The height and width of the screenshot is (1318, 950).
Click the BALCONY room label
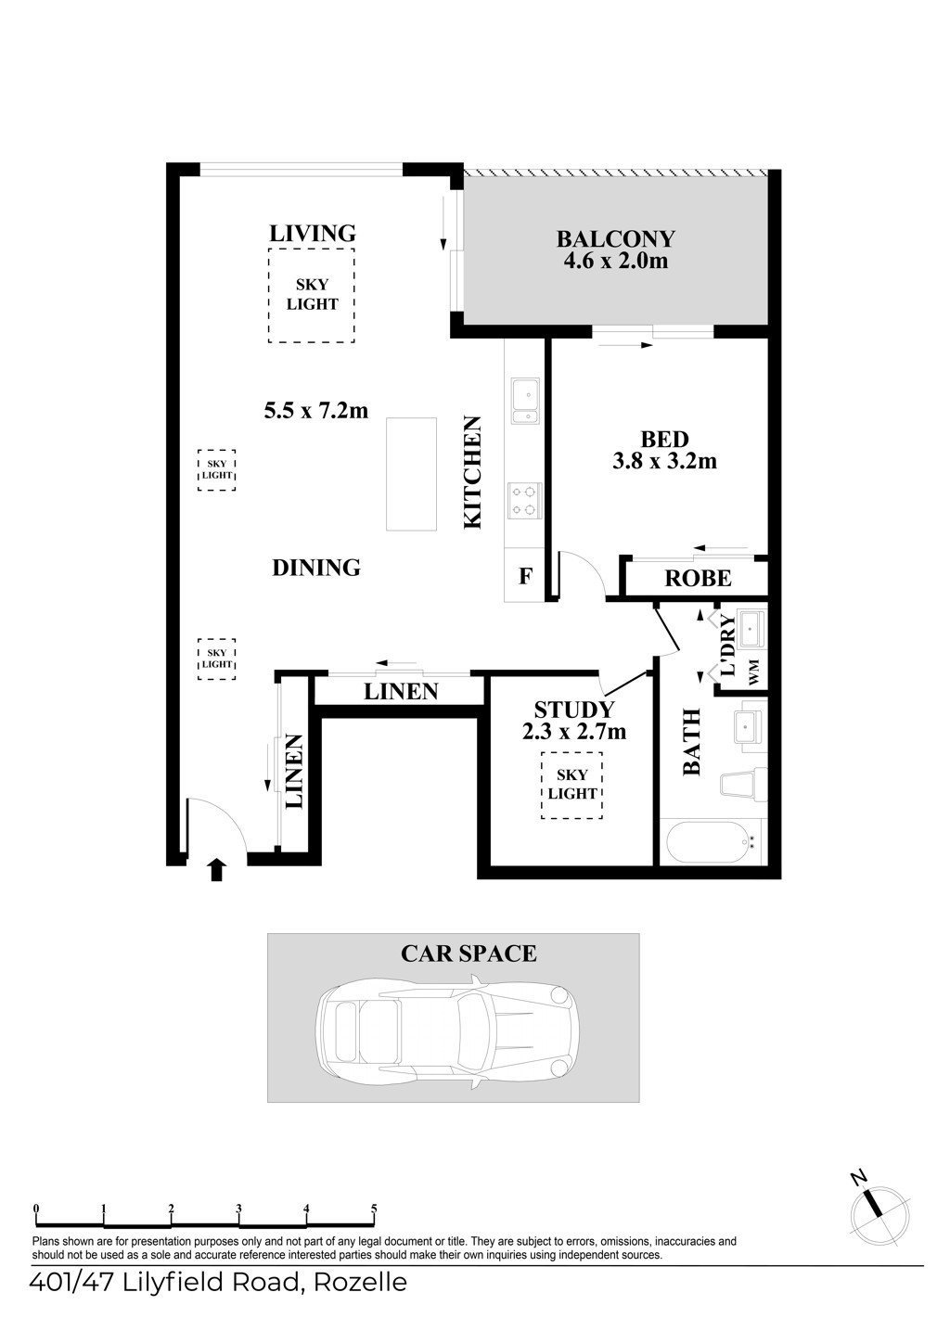616,239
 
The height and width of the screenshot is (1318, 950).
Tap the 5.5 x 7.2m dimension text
316,410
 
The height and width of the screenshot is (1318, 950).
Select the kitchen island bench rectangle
411,474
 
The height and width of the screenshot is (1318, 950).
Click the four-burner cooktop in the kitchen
524,501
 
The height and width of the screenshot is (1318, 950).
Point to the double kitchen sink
525,401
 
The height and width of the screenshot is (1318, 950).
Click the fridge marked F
524,575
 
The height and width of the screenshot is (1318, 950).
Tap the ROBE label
698,579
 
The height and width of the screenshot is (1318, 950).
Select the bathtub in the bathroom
712,842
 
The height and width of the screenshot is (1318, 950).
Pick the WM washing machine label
754,672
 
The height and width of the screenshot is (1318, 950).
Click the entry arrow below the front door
217,870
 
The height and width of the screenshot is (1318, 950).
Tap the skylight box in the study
571,785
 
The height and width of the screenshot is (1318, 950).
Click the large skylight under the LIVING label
312,295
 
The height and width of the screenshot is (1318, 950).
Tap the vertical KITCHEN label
472,472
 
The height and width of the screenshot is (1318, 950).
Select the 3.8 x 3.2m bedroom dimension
664,461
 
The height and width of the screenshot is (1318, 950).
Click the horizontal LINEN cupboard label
401,691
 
